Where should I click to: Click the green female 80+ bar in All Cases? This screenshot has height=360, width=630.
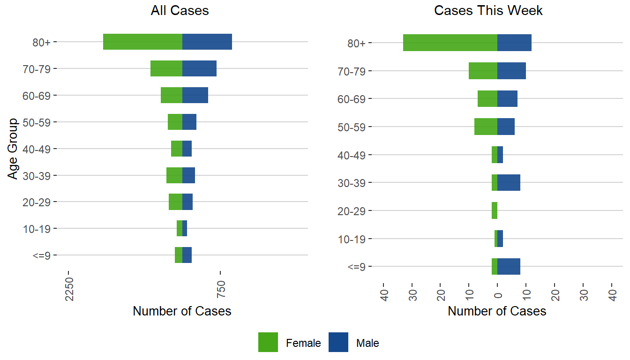(x=142, y=42)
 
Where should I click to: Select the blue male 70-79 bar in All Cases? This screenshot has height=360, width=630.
(x=199, y=68)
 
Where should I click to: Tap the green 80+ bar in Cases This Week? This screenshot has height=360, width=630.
(x=450, y=43)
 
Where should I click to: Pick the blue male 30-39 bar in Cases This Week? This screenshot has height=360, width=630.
(x=509, y=182)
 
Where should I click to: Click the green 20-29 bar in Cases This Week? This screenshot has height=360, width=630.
(x=495, y=210)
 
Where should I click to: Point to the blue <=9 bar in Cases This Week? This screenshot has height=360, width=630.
(x=509, y=266)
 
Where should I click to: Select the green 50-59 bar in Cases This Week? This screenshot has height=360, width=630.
(x=486, y=127)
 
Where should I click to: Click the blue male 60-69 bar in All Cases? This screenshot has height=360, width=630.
(x=195, y=95)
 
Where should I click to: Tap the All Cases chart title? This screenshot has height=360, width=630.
(x=180, y=11)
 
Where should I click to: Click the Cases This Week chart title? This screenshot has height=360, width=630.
(x=488, y=11)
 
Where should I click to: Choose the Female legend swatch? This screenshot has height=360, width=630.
(x=268, y=342)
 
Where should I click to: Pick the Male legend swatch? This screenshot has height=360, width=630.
(x=338, y=342)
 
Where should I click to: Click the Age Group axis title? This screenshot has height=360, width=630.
(x=13, y=149)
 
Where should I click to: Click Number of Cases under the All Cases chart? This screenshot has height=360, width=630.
(x=182, y=311)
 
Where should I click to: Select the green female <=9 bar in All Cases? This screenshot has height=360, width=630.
(x=179, y=255)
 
